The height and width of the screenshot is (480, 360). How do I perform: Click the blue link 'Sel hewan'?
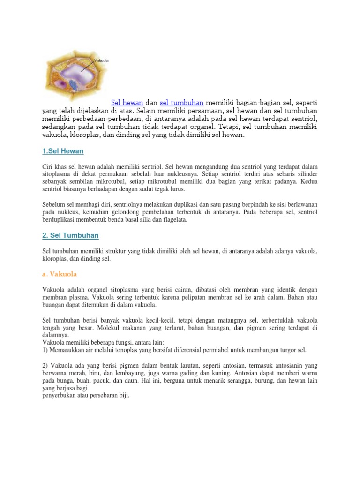127,102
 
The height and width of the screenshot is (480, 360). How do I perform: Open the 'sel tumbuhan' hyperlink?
181,102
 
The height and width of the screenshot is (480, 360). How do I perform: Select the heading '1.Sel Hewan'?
63,151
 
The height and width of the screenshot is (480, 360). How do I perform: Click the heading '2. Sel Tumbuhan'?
70,235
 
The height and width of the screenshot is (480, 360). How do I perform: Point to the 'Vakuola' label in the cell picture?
102,60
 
